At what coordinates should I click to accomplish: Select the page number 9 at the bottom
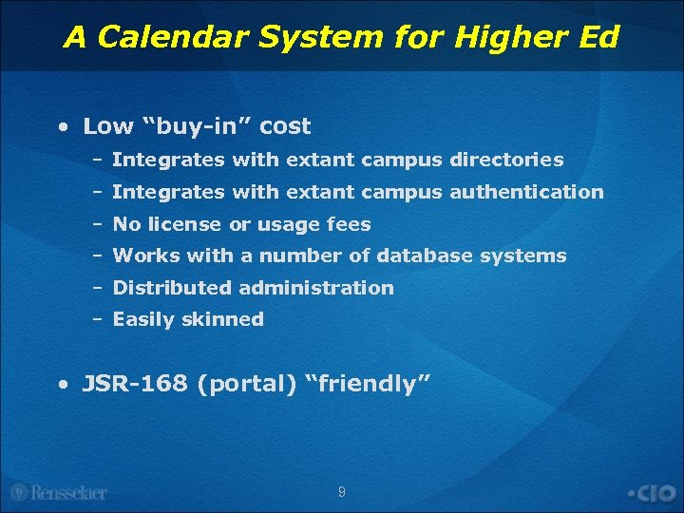[342, 492]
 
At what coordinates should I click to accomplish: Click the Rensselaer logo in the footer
[59, 492]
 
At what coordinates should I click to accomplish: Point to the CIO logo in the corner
[652, 493]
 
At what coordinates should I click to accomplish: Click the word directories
[507, 161]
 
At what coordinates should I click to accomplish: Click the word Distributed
[172, 287]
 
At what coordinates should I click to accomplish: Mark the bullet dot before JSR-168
[62, 385]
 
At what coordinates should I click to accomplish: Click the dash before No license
[97, 224]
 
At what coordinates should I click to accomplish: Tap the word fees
[351, 224]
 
